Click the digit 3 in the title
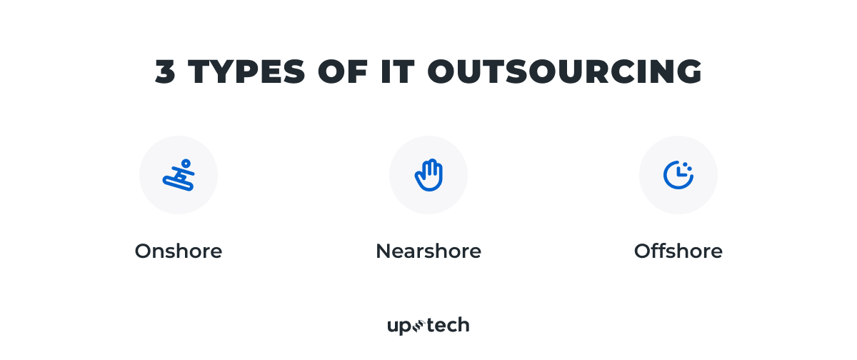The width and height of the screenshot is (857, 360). (166, 72)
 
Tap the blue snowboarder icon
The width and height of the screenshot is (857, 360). (179, 175)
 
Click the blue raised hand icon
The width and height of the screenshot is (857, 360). (428, 175)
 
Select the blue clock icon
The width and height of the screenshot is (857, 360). (678, 175)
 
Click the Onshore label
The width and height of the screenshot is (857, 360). (179, 251)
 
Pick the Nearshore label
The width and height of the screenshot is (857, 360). (428, 251)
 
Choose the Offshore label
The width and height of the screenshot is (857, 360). (678, 251)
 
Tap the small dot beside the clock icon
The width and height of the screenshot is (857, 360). (690, 171)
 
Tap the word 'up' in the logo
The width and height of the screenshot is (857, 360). (398, 326)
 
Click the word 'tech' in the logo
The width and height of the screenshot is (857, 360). (448, 326)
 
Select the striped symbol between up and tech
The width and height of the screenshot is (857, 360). (419, 326)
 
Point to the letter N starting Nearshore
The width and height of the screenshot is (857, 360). (383, 251)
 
